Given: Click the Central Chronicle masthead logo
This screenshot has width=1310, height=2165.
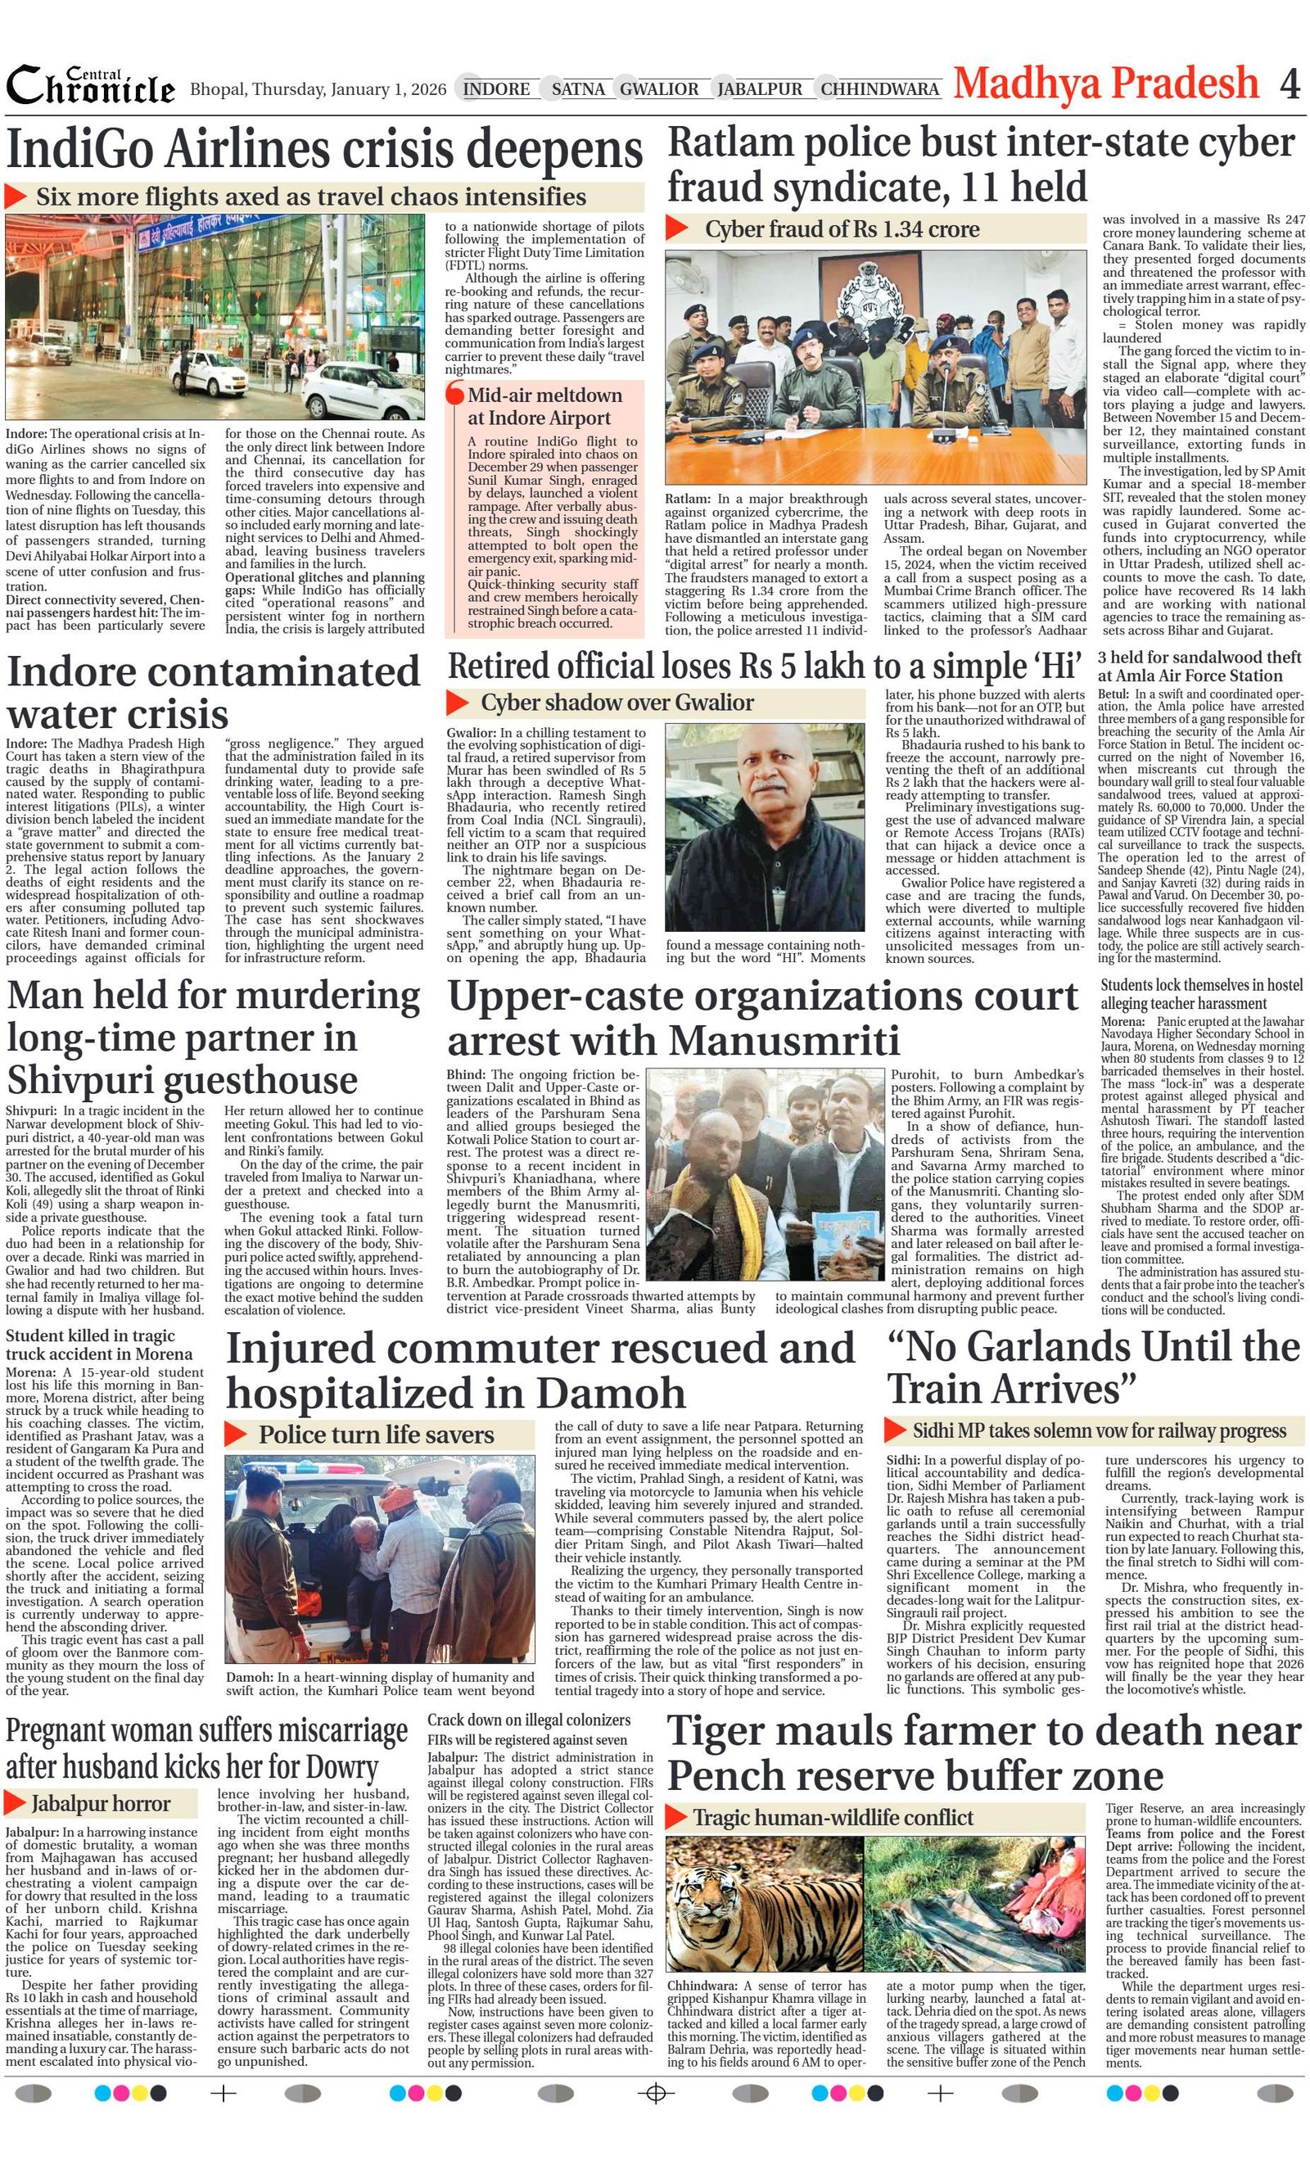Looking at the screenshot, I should click(x=91, y=86).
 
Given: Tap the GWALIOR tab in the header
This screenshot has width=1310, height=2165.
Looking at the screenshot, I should click(x=659, y=88).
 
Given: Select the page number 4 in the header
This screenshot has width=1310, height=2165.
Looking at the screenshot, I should click(x=1289, y=84).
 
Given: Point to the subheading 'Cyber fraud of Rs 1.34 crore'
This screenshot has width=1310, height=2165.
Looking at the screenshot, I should click(x=841, y=229).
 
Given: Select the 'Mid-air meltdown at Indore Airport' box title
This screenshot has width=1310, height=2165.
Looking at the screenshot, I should click(x=544, y=406).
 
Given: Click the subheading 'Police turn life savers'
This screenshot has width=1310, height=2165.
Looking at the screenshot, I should click(x=376, y=1435).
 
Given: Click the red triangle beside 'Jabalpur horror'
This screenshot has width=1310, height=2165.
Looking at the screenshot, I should click(x=15, y=1803).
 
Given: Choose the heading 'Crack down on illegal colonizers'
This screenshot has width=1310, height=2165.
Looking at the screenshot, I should click(x=529, y=1720).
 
